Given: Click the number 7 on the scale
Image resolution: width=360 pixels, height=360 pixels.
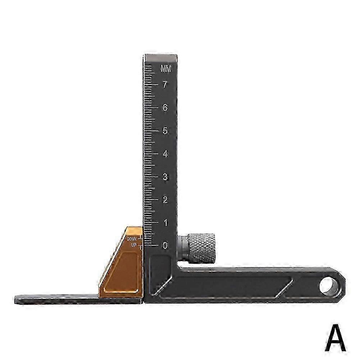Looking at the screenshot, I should click(165, 85).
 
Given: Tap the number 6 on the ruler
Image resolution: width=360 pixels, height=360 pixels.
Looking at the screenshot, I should click(165, 108).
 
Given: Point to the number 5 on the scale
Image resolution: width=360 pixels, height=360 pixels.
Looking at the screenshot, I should click(165, 131).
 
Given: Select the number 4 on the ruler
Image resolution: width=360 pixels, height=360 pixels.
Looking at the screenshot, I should click(165, 154).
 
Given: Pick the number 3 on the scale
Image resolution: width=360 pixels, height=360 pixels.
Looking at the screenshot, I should click(165, 177).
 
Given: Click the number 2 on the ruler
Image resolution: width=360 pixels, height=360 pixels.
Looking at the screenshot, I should click(165, 200).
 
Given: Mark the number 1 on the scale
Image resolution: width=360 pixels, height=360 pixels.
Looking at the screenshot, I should click(165, 223).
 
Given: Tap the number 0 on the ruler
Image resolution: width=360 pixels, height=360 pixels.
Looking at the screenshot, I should click(165, 246).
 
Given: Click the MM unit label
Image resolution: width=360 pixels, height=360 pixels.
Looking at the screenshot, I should click(166, 69).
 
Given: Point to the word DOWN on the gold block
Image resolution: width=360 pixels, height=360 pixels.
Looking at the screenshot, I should click(132, 238).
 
